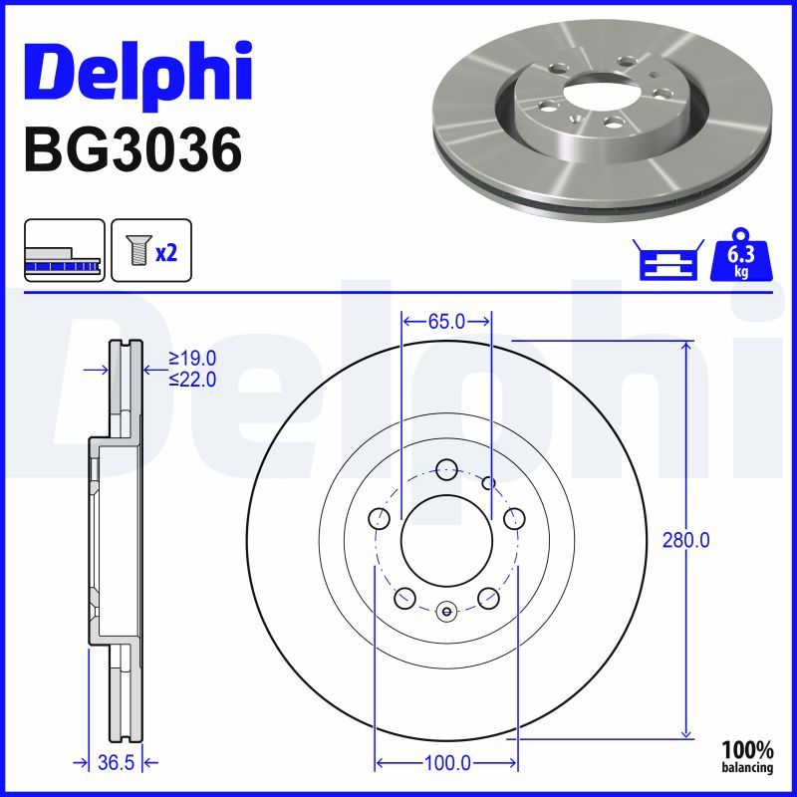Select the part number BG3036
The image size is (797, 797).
(132, 150)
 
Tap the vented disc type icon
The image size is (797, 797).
(64, 251)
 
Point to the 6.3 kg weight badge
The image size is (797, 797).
(739, 259)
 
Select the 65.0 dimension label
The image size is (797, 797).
(445, 321)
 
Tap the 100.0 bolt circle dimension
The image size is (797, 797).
(445, 763)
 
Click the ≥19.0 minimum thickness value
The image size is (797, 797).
(192, 359)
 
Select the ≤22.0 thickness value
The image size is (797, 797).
(192, 379)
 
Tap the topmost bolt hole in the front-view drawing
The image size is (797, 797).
(445, 467)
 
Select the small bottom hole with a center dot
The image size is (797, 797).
(445, 611)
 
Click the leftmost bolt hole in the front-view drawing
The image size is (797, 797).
(379, 519)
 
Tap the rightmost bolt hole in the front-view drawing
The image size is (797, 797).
(514, 519)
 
